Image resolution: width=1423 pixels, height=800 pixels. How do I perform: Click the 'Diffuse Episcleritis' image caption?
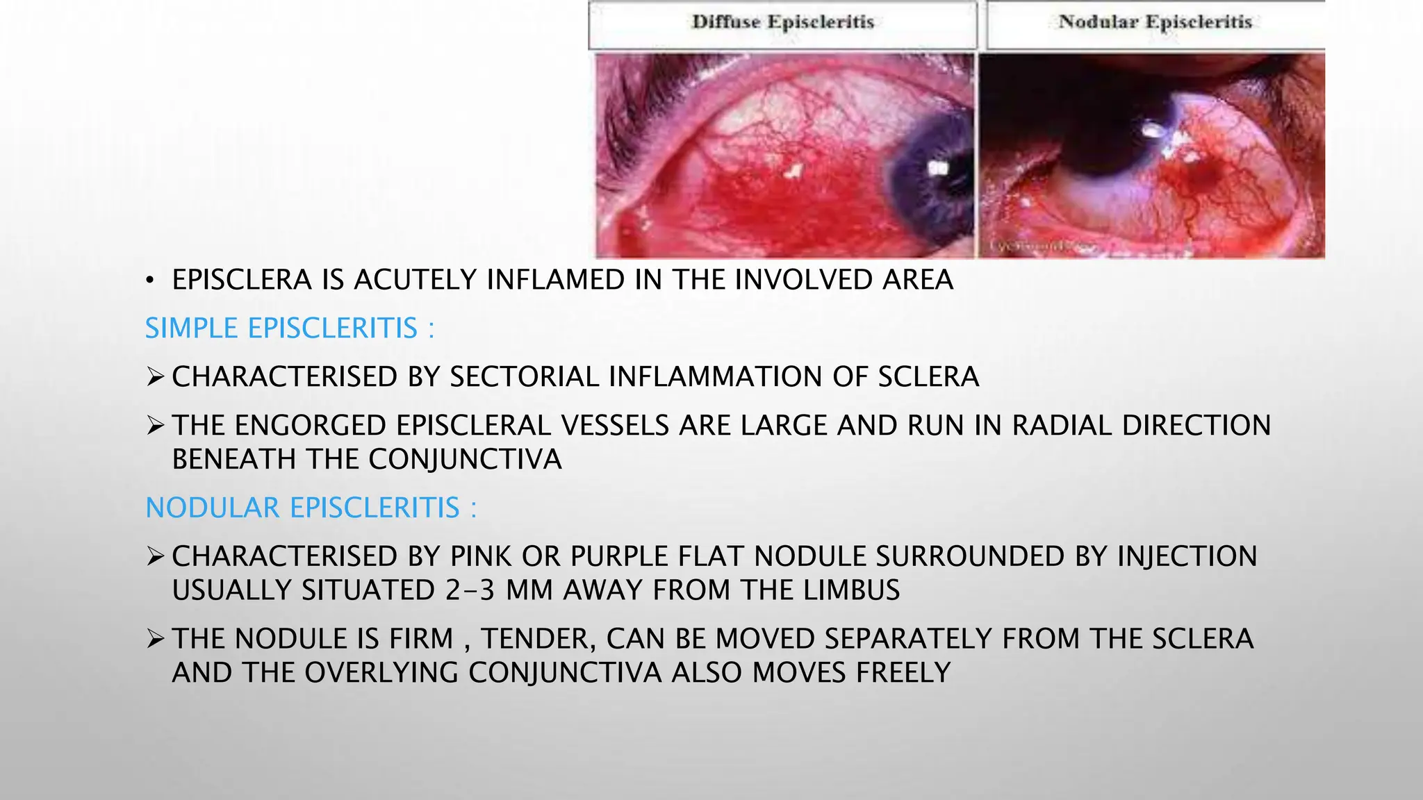click(782, 22)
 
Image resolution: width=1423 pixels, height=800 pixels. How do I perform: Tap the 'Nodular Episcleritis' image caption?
click(1155, 22)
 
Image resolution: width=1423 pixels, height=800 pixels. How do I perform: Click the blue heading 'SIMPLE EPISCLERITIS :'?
click(289, 328)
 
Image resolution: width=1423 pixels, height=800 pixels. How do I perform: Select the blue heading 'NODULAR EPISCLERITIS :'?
click(311, 508)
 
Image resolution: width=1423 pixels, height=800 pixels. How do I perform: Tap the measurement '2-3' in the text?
click(470, 590)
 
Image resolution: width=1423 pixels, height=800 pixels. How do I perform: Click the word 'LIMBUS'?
click(851, 590)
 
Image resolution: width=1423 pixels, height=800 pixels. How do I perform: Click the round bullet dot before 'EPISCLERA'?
click(149, 281)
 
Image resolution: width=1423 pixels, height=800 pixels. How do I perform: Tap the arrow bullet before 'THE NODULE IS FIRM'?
click(155, 639)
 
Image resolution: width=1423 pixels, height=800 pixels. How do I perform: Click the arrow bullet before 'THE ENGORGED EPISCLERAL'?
click(155, 426)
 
